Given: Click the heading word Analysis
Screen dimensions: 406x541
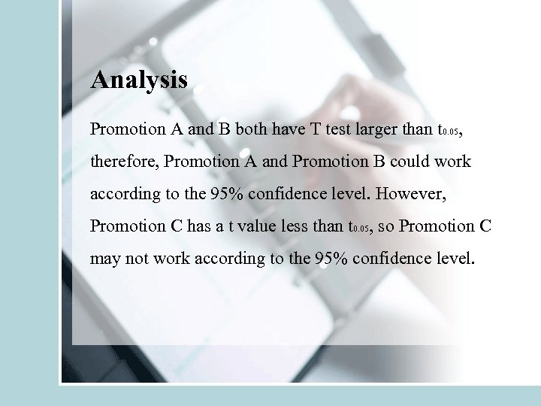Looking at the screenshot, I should click(x=138, y=80).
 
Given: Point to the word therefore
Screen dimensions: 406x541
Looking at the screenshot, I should click(x=123, y=162).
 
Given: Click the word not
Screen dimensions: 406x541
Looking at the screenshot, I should click(x=137, y=259).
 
